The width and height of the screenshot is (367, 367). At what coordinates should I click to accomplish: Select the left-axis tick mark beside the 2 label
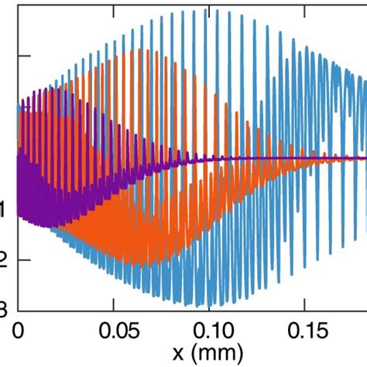pos(22,260)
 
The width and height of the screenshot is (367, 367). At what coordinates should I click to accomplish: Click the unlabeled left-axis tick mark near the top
pos(22,56)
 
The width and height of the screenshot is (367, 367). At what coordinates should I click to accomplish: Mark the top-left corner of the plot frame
pos(18,2)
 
